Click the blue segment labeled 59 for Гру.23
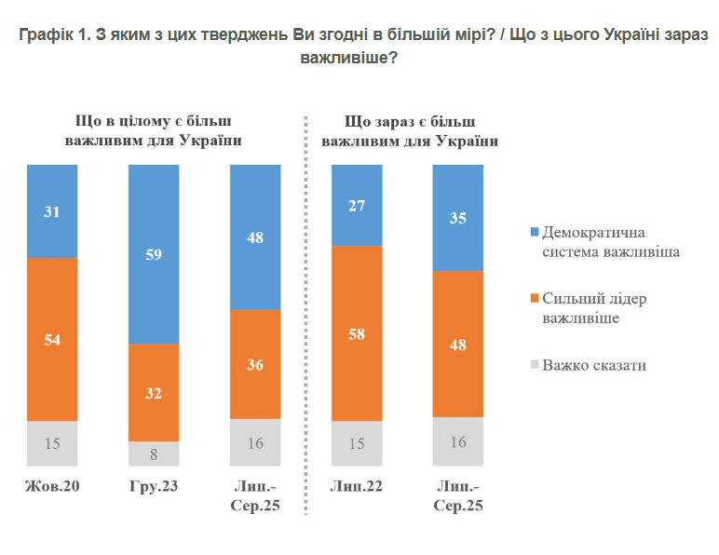tap(154, 253)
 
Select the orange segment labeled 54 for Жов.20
tap(52, 339)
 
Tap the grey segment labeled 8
tap(154, 453)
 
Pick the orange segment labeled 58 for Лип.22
tap(357, 332)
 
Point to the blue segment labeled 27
tap(357, 205)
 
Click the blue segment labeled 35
tap(458, 218)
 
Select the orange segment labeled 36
tap(255, 364)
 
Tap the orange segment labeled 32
tap(154, 392)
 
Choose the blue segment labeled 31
tap(52, 210)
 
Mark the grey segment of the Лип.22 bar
tap(357, 443)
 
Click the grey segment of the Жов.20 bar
tap(52, 443)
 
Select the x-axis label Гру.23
tap(153, 487)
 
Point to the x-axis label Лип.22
tap(356, 487)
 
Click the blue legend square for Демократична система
tap(534, 231)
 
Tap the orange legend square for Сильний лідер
tap(534, 299)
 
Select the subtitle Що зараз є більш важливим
tap(409, 131)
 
